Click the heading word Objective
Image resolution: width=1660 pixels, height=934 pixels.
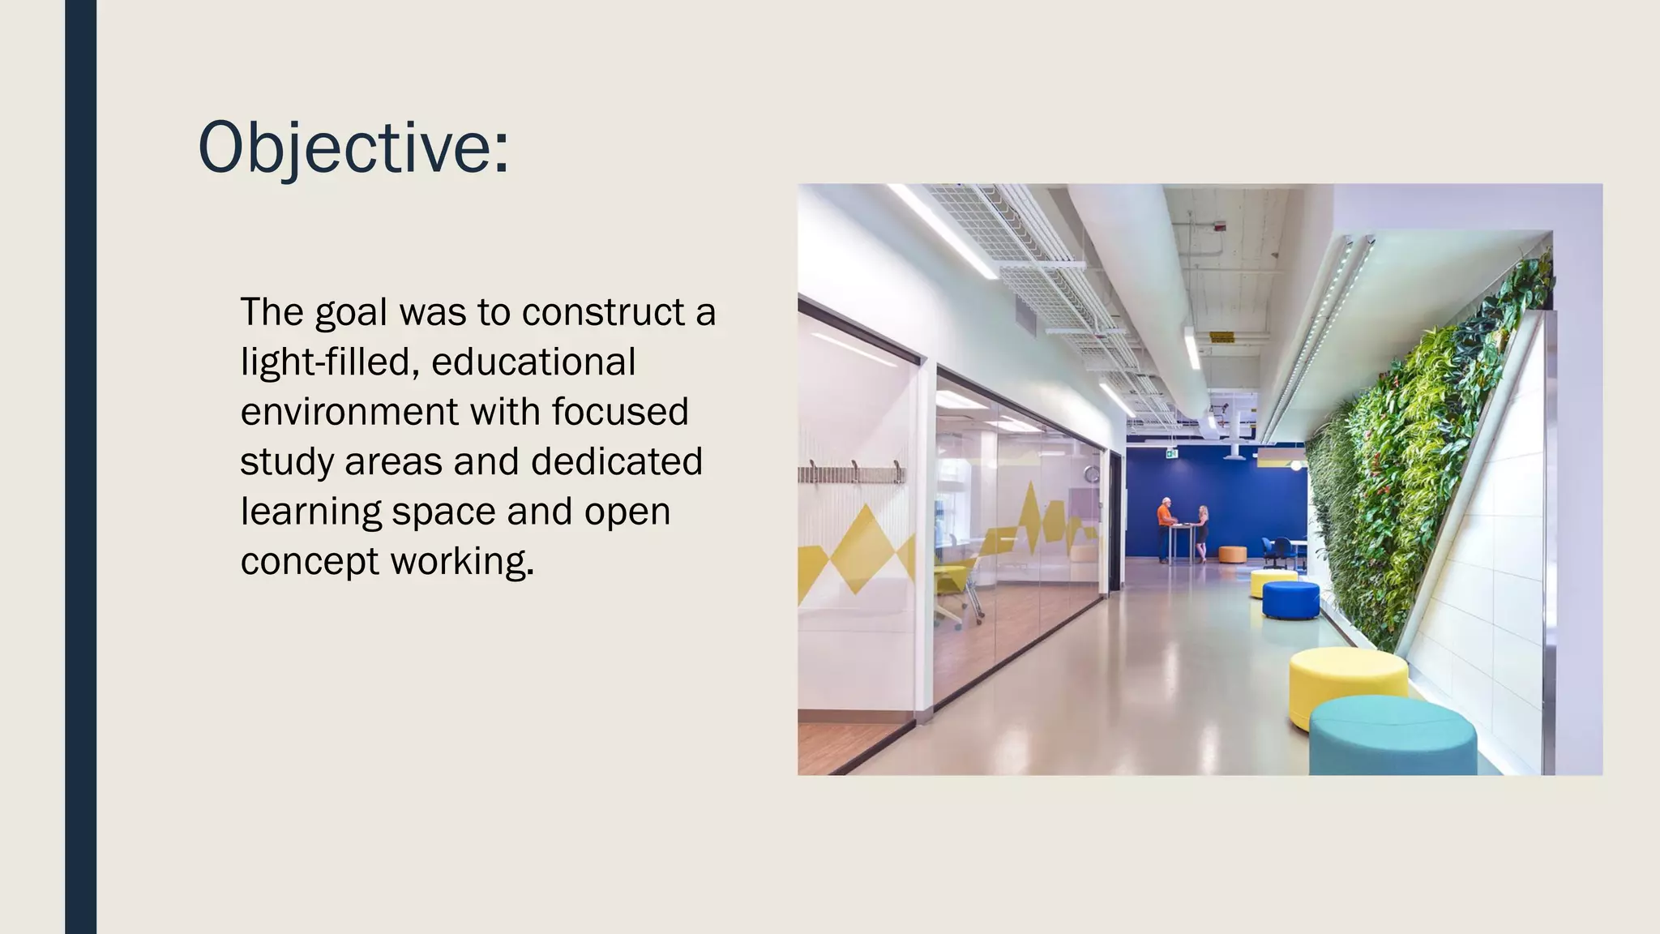pyautogui.click(x=353, y=148)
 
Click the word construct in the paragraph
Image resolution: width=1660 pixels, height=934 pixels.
pyautogui.click(x=604, y=313)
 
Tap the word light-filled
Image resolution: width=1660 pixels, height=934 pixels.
pyautogui.click(x=329, y=362)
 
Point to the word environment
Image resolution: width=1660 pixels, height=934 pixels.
pyautogui.click(x=349, y=413)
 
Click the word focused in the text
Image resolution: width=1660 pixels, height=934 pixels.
pyautogui.click(x=620, y=413)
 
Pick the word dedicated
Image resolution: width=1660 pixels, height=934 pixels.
pyautogui.click(x=617, y=462)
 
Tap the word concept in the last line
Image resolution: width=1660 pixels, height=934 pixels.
pyautogui.click(x=310, y=562)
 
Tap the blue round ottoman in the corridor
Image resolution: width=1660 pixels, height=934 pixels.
pyautogui.click(x=1290, y=599)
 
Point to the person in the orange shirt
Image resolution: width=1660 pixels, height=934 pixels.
pyautogui.click(x=1164, y=528)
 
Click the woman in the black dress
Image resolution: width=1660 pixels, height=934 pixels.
pyautogui.click(x=1203, y=532)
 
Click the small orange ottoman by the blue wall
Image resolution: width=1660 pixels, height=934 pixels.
pyautogui.click(x=1232, y=554)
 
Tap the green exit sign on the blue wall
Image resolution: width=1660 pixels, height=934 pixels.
pyautogui.click(x=1170, y=455)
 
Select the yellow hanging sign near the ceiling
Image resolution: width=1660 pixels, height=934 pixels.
pyautogui.click(x=1221, y=336)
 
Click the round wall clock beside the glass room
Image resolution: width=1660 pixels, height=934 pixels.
pyautogui.click(x=1093, y=473)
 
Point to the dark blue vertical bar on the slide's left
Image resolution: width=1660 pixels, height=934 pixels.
pyautogui.click(x=80, y=467)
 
